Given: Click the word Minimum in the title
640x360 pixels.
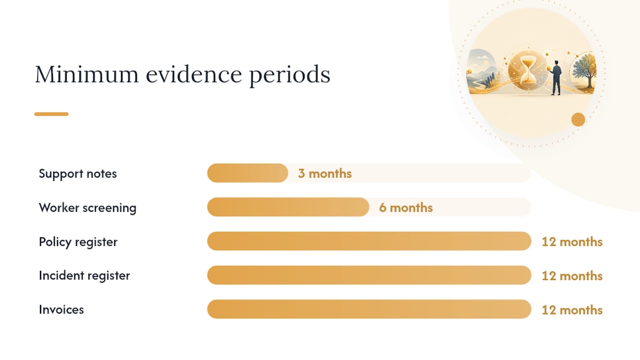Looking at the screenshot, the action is coord(86,74).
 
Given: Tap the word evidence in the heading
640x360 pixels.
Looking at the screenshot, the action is coord(194,74).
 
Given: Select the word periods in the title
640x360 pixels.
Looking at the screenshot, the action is coord(290,75).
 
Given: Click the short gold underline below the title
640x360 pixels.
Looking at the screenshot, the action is coord(51,114).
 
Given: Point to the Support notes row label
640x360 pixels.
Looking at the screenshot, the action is coord(77,173).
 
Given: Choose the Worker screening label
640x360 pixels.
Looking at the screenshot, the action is coord(87,207).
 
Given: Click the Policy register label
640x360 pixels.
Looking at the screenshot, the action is coord(78,242).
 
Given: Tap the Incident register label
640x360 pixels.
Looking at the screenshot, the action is coord(84,275).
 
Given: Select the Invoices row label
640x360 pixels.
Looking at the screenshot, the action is coord(61,309).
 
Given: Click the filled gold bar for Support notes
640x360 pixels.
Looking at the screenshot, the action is coord(247,173).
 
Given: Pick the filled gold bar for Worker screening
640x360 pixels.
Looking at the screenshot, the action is coord(288,207).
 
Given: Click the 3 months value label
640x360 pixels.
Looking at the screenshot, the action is coord(324,173).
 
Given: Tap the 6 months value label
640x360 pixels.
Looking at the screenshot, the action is coord(405,207).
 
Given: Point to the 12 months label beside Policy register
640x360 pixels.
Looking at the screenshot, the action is coord(572,241).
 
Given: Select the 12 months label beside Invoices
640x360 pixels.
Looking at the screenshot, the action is coord(572,310).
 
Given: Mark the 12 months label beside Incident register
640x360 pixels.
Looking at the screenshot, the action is coord(572,275).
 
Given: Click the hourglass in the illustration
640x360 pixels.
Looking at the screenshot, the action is coord(528,70).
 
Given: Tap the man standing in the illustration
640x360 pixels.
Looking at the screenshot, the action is coord(555,77).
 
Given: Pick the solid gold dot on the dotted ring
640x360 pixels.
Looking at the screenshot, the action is coord(578,119).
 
